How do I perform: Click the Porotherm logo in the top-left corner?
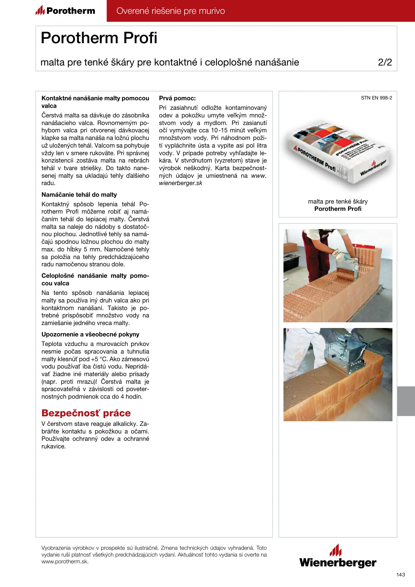(65, 11)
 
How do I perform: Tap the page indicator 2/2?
(385, 62)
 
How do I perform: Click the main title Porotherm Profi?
(99, 38)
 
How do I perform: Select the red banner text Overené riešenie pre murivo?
(171, 11)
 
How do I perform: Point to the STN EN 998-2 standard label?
(376, 98)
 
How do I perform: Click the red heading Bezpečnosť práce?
(86, 413)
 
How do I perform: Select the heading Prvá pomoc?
(177, 98)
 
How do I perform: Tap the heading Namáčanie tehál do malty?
(79, 195)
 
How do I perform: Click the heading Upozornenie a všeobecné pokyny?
(90, 334)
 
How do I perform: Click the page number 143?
(401, 574)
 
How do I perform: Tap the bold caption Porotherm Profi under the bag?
(338, 209)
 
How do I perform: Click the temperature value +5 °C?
(99, 359)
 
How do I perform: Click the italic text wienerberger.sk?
(180, 183)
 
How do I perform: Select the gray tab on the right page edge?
(406, 401)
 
